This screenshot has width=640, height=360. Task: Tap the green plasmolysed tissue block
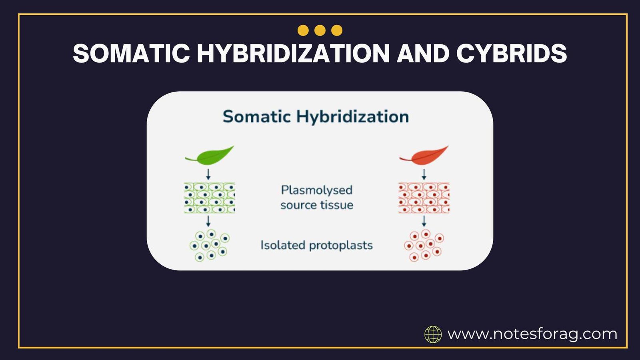pos(209,198)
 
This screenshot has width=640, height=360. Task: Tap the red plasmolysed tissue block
pos(424,198)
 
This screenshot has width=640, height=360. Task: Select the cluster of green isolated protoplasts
pos(209,245)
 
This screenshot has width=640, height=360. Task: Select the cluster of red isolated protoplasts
pos(424,245)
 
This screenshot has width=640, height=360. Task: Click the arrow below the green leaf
pos(208,174)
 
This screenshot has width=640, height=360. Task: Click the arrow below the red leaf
pos(424,174)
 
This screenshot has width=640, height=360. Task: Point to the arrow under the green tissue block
pos(208,221)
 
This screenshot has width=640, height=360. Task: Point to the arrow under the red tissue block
pos(424,221)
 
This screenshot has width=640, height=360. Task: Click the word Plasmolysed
pos(316,190)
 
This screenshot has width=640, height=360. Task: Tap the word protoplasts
pos(341,245)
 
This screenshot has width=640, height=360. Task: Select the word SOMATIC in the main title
pos(131,53)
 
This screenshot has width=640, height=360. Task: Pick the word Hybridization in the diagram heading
pos(352,117)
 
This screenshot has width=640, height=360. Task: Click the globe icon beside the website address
pos(433,334)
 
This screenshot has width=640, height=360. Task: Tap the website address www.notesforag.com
pos(532,334)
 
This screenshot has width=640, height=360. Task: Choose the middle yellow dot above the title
pos(320,30)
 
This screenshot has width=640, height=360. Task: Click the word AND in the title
pos(423,53)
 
